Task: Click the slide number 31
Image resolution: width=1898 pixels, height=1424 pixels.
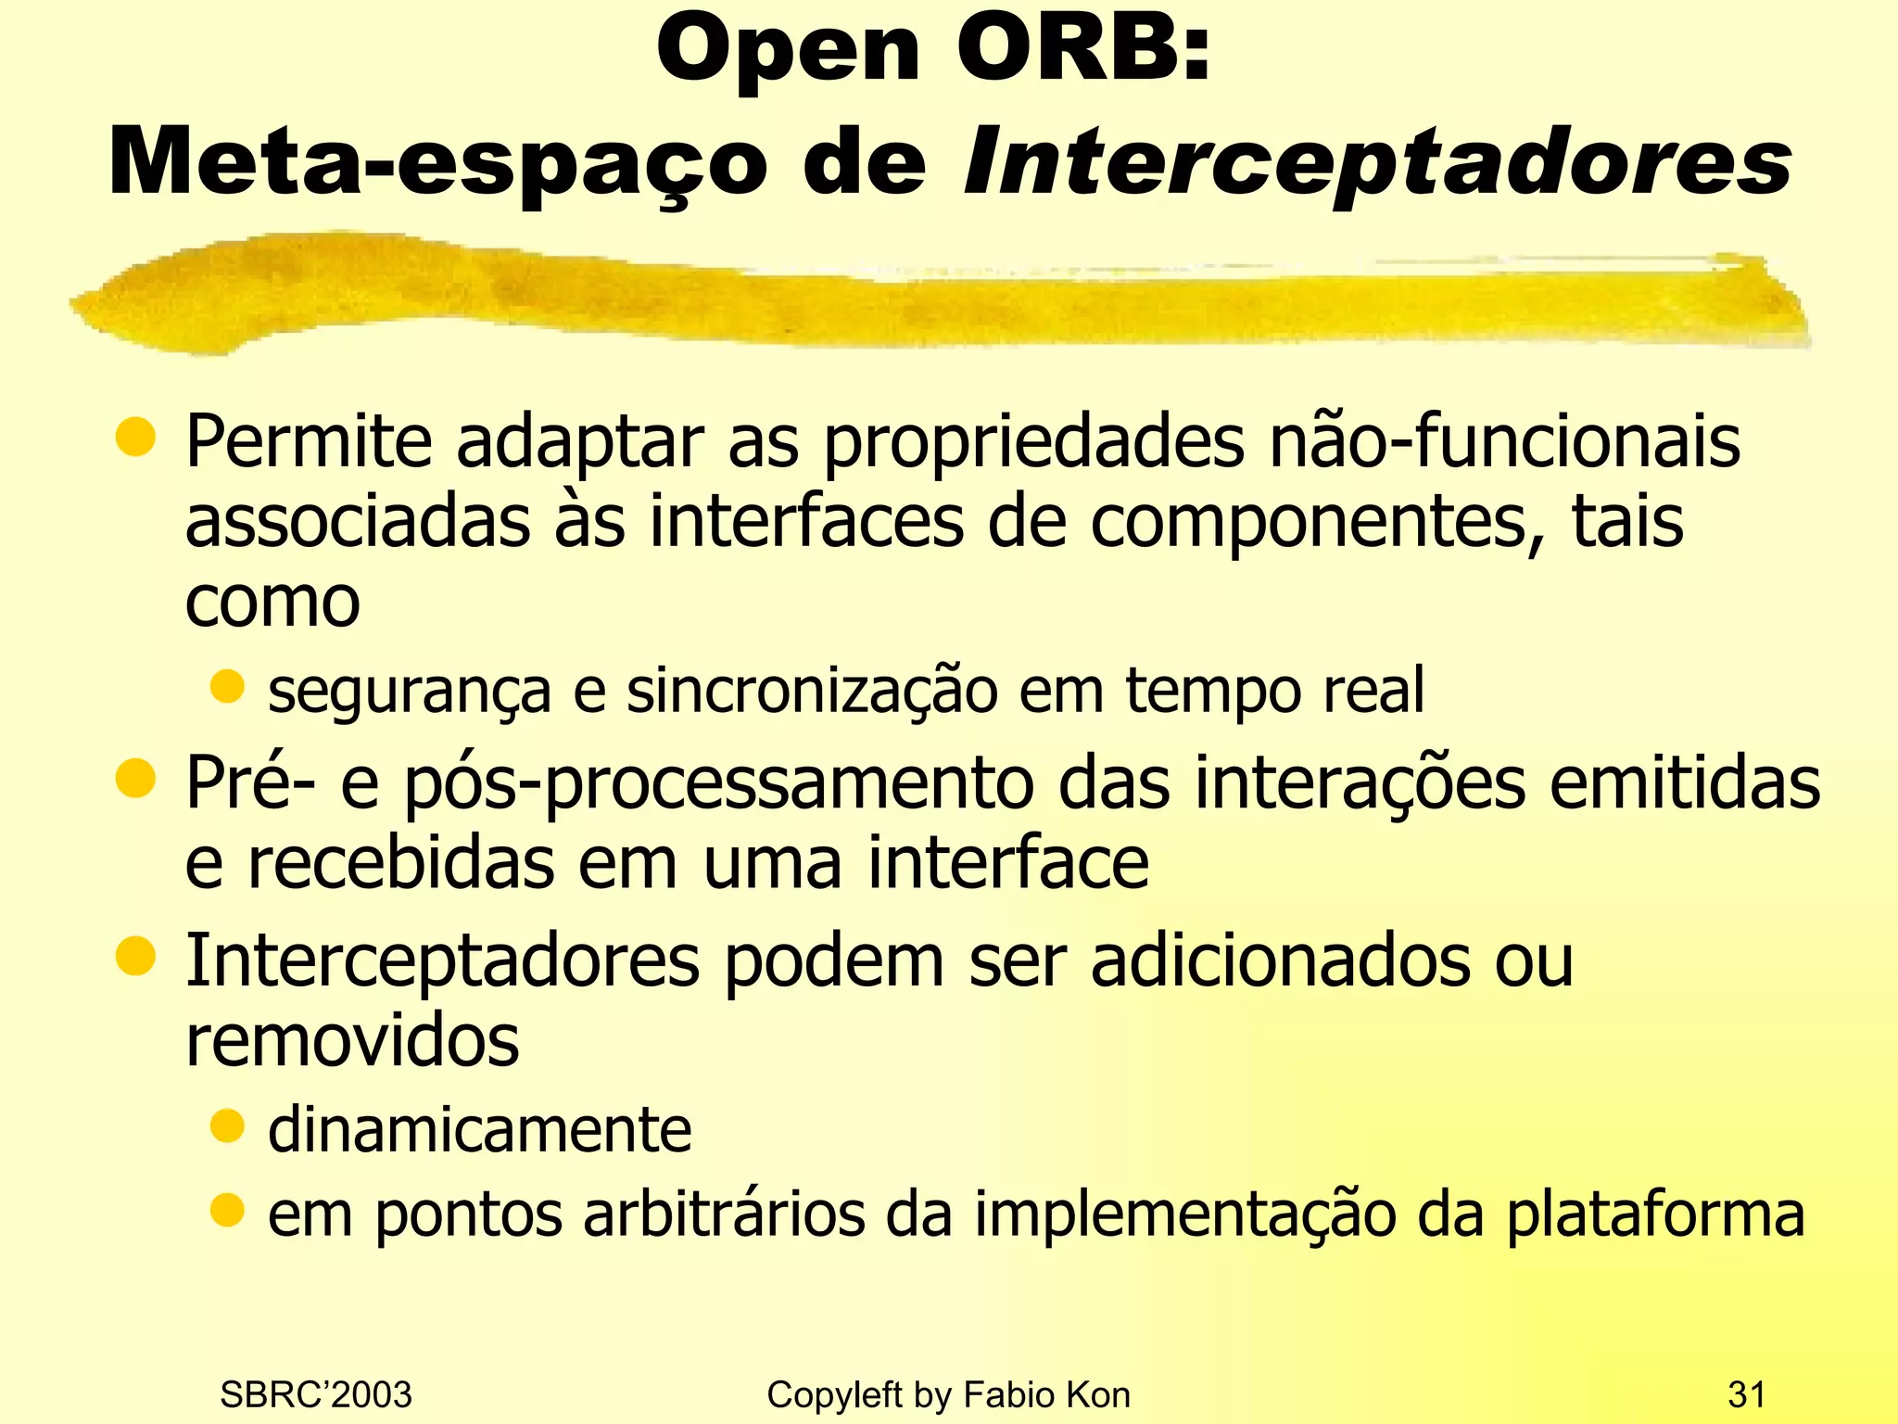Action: click(x=1747, y=1394)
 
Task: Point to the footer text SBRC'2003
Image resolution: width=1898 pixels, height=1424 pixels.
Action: click(x=316, y=1394)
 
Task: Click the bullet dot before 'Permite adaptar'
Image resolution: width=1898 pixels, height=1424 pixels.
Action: click(x=135, y=438)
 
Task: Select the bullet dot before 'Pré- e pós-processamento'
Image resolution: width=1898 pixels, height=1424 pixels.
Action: click(x=135, y=779)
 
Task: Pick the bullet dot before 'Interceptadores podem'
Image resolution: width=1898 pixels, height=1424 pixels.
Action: click(x=135, y=957)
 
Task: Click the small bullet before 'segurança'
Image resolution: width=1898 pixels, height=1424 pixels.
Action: click(x=226, y=687)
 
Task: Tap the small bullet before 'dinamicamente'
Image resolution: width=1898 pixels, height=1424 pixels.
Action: click(x=226, y=1126)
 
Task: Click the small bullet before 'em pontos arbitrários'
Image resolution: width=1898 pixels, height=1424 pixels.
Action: click(x=226, y=1209)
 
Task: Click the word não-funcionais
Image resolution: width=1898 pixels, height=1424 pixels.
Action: click(x=1504, y=441)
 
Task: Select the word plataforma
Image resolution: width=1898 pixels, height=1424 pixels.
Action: click(x=1655, y=1214)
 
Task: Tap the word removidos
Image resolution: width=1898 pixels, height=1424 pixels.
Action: click(x=352, y=1040)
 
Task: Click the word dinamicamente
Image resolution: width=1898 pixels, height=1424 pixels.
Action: click(x=479, y=1130)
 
